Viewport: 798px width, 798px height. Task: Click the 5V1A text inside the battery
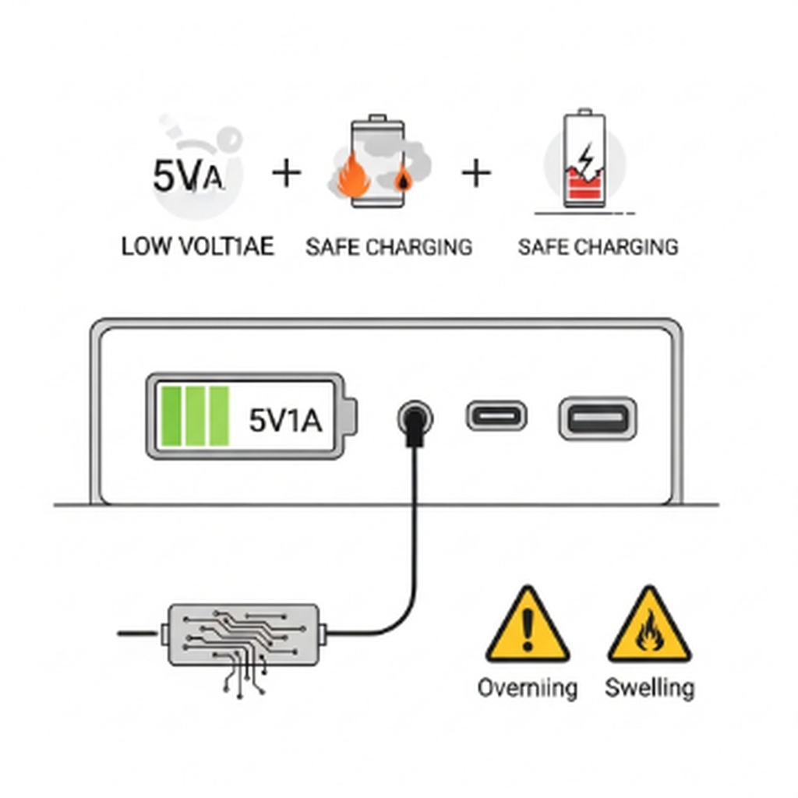(285, 420)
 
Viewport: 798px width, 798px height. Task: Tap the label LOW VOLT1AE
(198, 247)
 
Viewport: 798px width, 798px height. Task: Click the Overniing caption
(528, 688)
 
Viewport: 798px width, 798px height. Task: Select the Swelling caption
(649, 688)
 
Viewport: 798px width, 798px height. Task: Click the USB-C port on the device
(496, 415)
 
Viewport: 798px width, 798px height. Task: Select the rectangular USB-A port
(598, 418)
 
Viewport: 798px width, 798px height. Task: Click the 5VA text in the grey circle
(189, 176)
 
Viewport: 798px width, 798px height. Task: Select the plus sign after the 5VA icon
(286, 173)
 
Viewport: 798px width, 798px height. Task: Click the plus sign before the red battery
(476, 173)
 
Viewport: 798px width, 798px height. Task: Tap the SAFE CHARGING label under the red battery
(598, 247)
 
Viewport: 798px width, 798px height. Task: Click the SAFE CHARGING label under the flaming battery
(389, 247)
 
